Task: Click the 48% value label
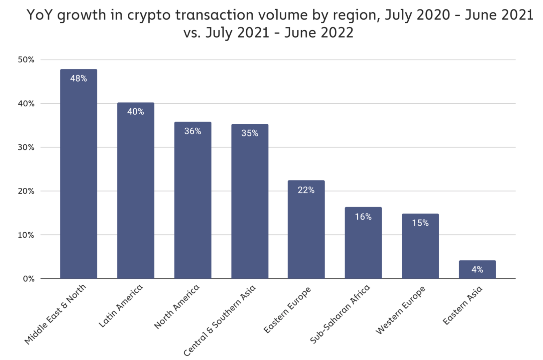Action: tap(79, 78)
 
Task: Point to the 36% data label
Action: tap(193, 131)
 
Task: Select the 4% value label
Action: tap(477, 269)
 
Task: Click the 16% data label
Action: tap(363, 217)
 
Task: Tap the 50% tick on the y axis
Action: tap(26, 60)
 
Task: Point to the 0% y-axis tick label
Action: tap(29, 279)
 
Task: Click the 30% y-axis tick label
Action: tap(26, 147)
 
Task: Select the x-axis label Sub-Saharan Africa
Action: tap(340, 314)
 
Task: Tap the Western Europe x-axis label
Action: tap(401, 310)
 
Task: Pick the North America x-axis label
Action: tap(177, 306)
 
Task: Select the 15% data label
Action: tap(420, 223)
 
